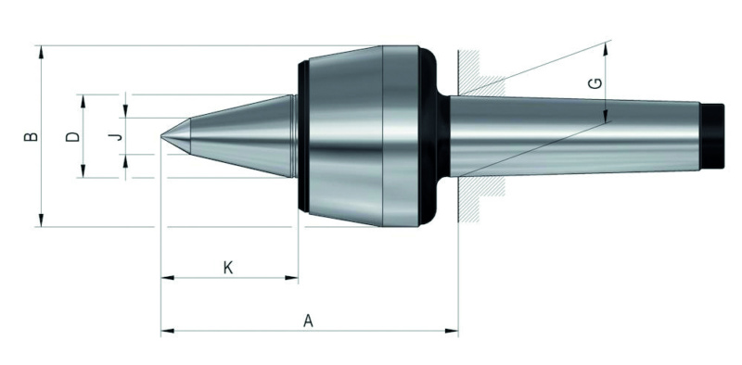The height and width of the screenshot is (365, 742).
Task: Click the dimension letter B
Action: pos(32,136)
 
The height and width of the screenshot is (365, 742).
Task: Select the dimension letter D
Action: pos(73,136)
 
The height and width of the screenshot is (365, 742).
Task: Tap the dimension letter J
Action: pos(117,136)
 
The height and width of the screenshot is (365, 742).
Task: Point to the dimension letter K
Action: pos(228,268)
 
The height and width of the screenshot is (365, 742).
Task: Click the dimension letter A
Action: pos(308,321)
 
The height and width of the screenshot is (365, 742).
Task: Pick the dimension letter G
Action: pos(595,83)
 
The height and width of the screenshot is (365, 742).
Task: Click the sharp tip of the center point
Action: pos(161,136)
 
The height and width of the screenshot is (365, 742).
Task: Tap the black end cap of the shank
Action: pos(712,136)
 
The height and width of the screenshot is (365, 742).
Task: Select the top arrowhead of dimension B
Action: pos(41,52)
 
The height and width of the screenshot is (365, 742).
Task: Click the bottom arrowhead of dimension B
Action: pos(41,220)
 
